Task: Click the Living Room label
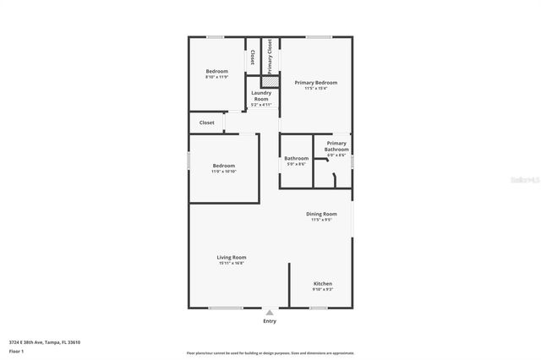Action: coord(232,257)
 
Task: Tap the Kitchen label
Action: coord(323,283)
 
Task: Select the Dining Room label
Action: coord(321,214)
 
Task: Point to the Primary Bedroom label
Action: coord(316,83)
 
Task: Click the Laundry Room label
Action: coord(261,95)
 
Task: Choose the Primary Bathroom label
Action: coord(336,146)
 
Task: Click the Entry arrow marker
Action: coord(270,312)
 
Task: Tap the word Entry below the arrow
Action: coord(270,321)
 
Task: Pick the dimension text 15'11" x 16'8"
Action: coord(232,264)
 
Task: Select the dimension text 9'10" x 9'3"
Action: coord(323,290)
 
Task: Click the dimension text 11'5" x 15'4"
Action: coord(316,89)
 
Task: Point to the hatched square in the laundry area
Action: coord(270,82)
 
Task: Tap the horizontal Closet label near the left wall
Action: coord(207,123)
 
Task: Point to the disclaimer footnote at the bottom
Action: coord(270,352)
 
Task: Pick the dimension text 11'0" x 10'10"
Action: coord(224,172)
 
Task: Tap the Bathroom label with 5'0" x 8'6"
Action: coord(296,161)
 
